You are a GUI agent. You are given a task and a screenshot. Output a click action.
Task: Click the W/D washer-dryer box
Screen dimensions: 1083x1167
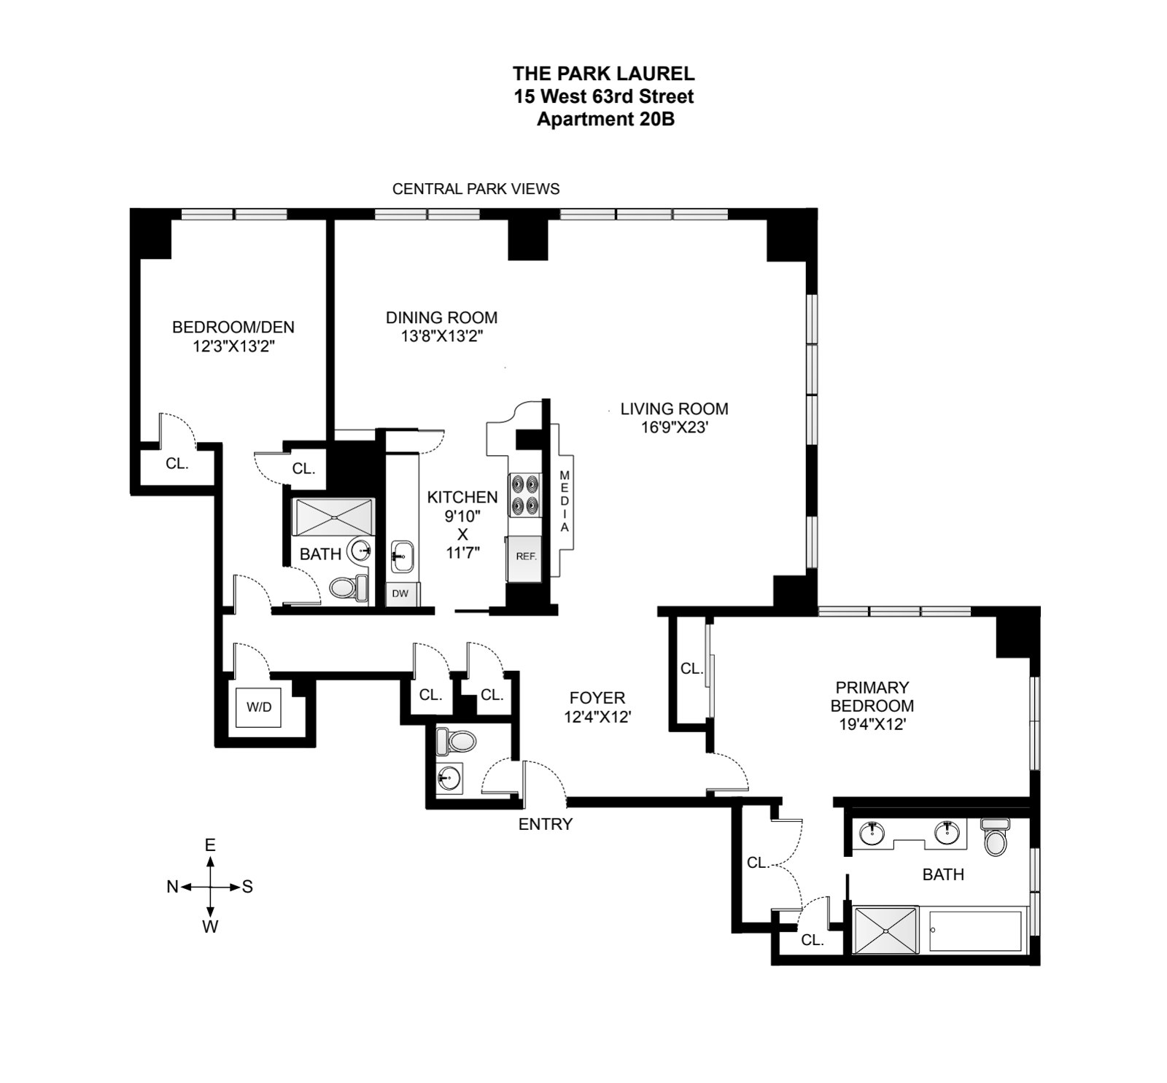click(258, 707)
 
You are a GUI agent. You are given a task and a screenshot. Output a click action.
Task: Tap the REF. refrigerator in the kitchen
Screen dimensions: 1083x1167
click(525, 556)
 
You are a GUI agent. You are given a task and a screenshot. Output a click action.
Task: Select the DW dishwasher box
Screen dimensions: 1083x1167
click(400, 594)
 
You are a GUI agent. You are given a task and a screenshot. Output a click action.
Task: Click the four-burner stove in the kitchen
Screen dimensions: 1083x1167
click(524, 495)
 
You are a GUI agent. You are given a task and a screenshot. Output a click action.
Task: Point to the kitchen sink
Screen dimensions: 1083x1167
click(402, 556)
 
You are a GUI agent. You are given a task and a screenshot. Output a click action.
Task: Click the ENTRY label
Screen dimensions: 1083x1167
click(545, 824)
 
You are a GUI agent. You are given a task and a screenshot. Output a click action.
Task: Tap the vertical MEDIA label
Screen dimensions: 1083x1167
click(564, 501)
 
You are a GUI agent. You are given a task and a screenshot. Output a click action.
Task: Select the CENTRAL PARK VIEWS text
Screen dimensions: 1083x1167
click(476, 189)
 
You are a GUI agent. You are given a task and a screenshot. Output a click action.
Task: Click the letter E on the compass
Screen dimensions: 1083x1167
click(210, 845)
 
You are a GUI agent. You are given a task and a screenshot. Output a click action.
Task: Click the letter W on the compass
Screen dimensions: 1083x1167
click(210, 927)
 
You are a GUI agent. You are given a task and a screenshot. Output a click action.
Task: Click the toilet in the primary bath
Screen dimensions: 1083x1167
click(994, 837)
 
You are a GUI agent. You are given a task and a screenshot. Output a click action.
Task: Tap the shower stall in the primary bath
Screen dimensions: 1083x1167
click(885, 930)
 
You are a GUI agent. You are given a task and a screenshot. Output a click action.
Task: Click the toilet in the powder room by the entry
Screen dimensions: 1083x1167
click(456, 742)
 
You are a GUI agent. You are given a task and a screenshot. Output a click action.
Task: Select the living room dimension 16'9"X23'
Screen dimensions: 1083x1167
click(674, 427)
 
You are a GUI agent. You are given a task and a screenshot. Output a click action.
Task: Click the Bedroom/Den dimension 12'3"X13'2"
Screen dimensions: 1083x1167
click(233, 346)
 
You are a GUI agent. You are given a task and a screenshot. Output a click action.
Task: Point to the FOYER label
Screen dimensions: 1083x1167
click(597, 698)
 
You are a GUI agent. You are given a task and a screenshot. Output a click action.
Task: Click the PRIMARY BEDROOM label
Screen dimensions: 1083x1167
click(872, 696)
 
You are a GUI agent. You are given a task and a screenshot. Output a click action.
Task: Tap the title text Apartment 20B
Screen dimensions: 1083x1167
click(605, 120)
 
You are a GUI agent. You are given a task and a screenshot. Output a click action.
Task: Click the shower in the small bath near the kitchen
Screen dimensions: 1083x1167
click(333, 517)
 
